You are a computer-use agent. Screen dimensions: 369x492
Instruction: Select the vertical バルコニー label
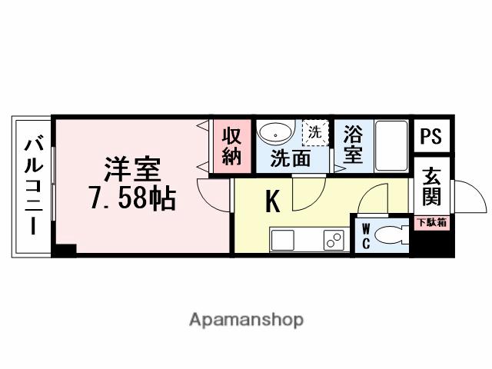pyautogui.click(x=33, y=184)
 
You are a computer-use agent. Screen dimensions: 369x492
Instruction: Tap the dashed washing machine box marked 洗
pyautogui.click(x=314, y=131)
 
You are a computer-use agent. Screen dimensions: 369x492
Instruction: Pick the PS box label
pyautogui.click(x=431, y=136)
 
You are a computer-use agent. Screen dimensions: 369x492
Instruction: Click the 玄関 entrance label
pyautogui.click(x=431, y=188)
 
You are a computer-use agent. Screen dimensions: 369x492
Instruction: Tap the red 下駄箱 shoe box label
pyautogui.click(x=431, y=222)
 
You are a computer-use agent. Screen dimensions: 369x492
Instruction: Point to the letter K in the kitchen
pyautogui.click(x=272, y=201)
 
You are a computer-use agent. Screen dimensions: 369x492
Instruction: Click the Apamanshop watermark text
pyautogui.click(x=246, y=319)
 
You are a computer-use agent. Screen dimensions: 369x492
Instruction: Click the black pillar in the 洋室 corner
pyautogui.click(x=66, y=249)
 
